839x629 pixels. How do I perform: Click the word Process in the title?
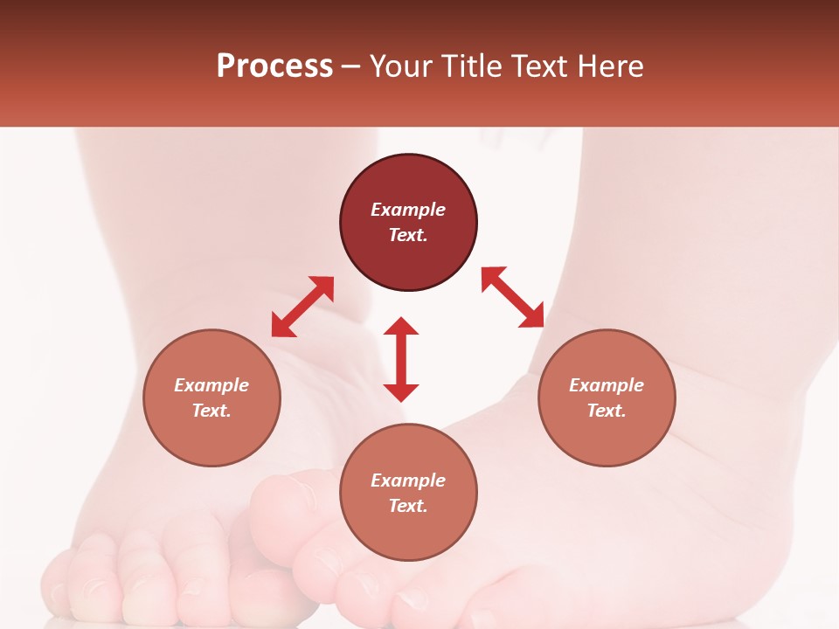coord(274,66)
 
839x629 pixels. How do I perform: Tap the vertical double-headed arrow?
coord(401,359)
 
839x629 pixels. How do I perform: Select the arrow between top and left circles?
coord(302,307)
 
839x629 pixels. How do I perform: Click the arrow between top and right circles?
coord(512,297)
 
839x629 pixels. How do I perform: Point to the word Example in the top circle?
coord(408,210)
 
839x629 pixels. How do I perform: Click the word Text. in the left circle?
coord(211,411)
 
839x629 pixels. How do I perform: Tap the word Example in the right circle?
coord(607,385)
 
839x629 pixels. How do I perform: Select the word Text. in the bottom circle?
coord(408,506)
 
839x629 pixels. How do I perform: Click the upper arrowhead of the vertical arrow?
coord(401,327)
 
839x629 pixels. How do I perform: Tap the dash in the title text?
coord(351,66)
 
